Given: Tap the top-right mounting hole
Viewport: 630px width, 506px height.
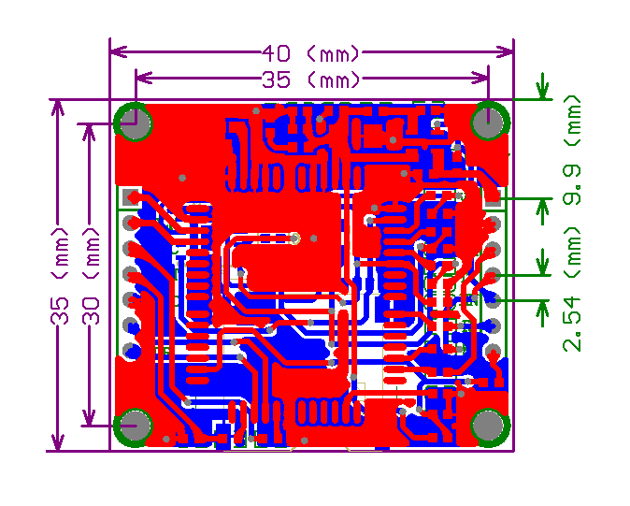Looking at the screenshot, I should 489,122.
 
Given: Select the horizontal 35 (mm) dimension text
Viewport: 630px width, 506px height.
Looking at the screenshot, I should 311,80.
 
